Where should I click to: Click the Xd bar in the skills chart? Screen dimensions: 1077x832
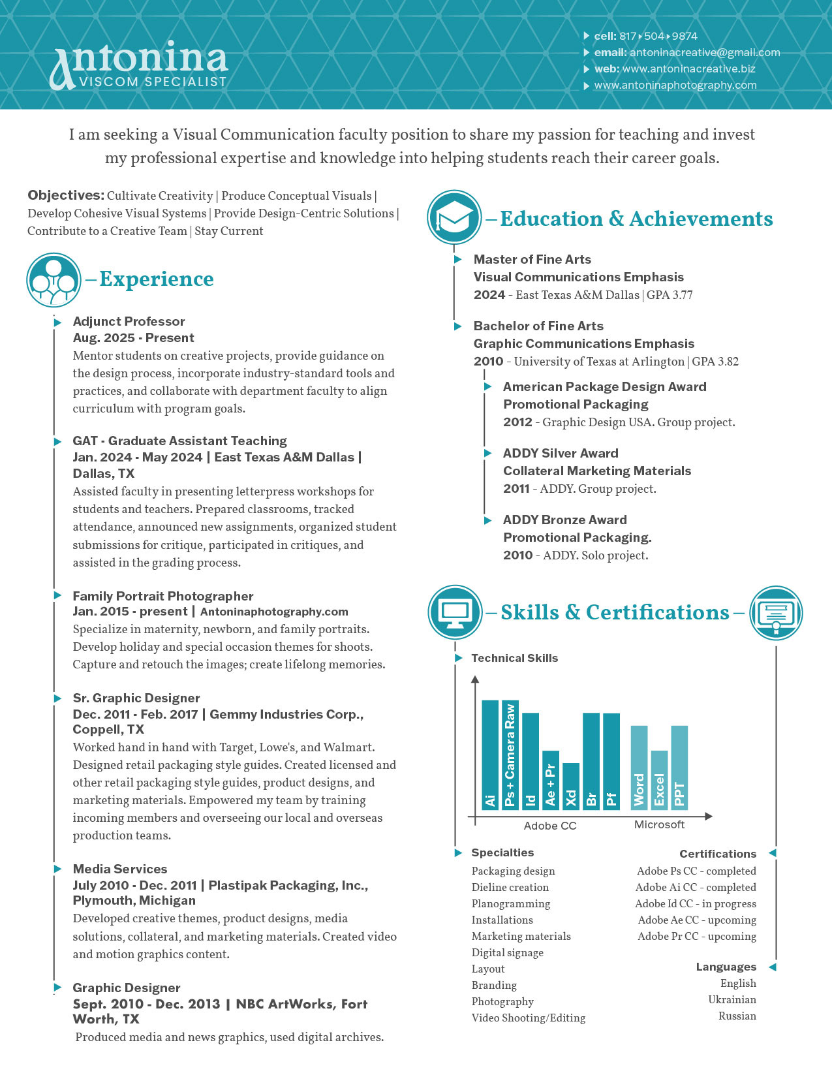pyautogui.click(x=571, y=786)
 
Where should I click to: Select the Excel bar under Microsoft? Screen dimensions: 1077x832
pyautogui.click(x=659, y=780)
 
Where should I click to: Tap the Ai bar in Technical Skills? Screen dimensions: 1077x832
pyautogui.click(x=490, y=755)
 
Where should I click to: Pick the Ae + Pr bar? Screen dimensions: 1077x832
pyautogui.click(x=551, y=780)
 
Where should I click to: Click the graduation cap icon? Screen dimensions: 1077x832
pyautogui.click(x=454, y=217)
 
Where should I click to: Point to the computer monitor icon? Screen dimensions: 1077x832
pyautogui.click(x=455, y=612)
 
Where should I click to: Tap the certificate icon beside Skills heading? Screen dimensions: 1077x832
pyautogui.click(x=776, y=613)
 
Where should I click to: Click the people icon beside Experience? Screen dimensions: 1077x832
pyautogui.click(x=54, y=281)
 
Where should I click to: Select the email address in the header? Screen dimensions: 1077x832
pyautogui.click(x=705, y=53)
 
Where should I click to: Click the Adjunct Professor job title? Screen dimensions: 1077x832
pyautogui.click(x=129, y=321)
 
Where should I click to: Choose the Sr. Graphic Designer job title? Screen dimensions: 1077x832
pyautogui.click(x=136, y=698)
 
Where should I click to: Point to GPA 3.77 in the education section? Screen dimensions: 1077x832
pyautogui.click(x=670, y=295)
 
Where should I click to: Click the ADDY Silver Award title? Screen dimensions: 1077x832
pyautogui.click(x=561, y=453)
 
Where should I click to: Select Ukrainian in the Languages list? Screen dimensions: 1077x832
pyautogui.click(x=732, y=1000)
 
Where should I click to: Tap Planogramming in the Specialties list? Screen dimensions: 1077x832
pyautogui.click(x=511, y=904)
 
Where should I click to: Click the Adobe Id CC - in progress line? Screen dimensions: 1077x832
pyautogui.click(x=696, y=904)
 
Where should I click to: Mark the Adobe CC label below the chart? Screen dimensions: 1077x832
pyautogui.click(x=550, y=826)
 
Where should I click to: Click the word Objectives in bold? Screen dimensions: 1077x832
pyautogui.click(x=66, y=195)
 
